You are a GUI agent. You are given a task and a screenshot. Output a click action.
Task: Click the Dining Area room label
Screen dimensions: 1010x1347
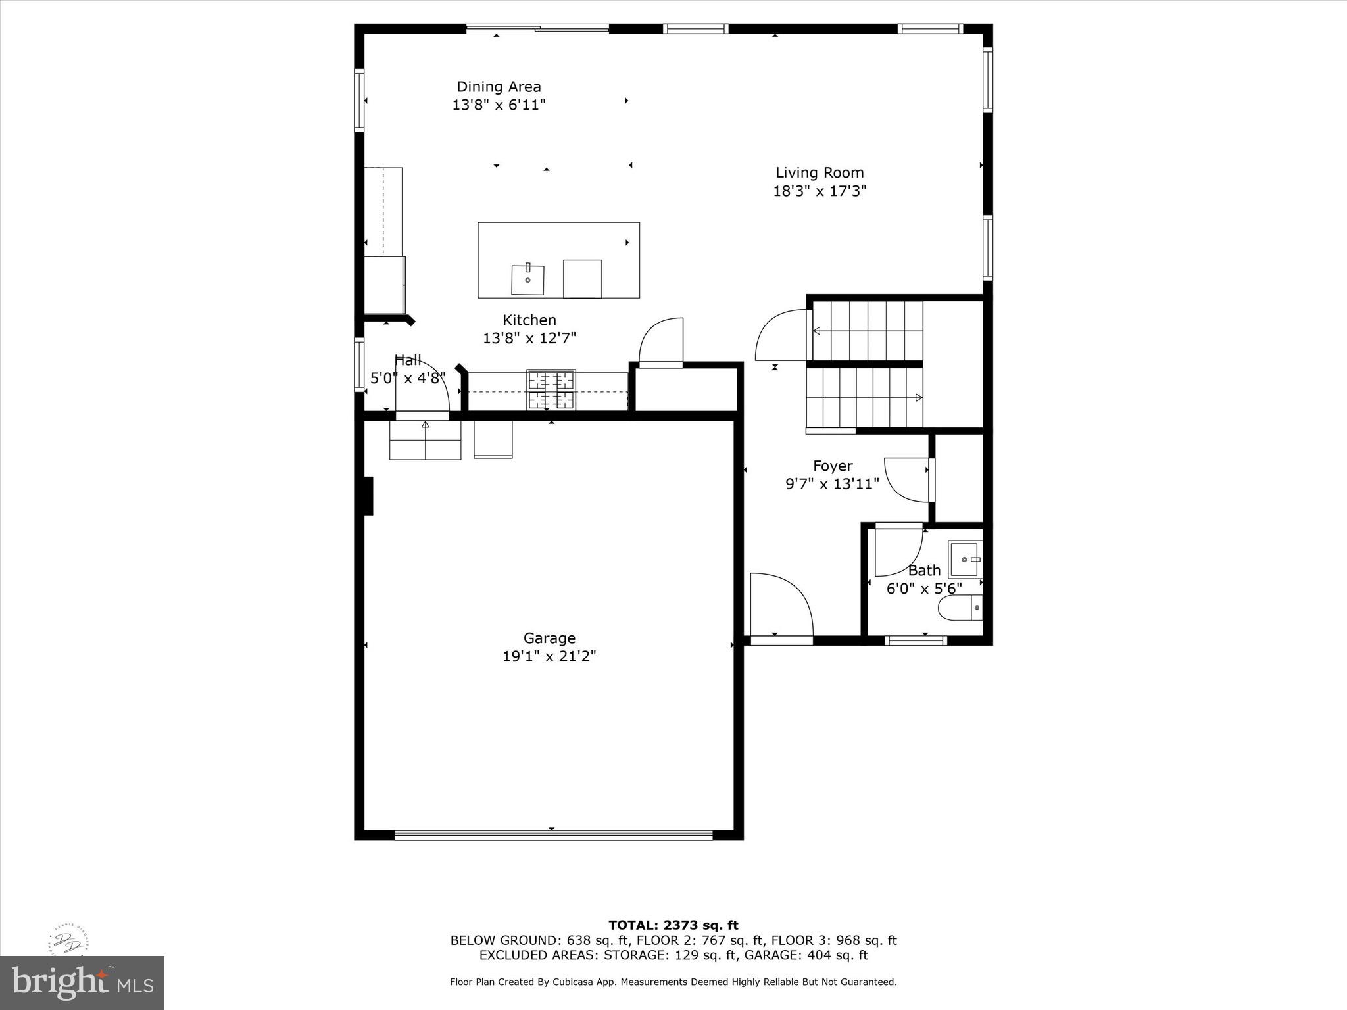(499, 87)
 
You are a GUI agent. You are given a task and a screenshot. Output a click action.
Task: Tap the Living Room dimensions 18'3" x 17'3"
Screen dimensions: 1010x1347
(820, 191)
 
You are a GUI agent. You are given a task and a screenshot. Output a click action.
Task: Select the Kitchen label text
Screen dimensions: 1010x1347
(529, 320)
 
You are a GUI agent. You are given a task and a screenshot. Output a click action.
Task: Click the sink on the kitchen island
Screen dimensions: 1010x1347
(527, 280)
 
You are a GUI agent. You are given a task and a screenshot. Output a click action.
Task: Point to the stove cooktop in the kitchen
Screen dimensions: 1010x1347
(551, 390)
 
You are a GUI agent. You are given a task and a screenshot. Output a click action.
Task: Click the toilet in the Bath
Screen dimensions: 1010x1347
(960, 608)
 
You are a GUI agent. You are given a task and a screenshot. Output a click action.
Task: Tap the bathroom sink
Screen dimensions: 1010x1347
(965, 559)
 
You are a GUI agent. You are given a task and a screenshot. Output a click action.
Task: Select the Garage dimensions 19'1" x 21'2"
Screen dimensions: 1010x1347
(549, 656)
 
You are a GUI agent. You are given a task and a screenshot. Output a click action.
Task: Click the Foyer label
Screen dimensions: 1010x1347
(833, 466)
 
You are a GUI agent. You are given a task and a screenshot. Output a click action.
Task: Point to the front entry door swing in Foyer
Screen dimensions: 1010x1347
(781, 605)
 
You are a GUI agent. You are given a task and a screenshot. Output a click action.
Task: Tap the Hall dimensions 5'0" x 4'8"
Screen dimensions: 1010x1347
(408, 378)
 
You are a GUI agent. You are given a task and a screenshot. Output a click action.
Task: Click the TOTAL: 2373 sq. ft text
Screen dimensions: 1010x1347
(673, 926)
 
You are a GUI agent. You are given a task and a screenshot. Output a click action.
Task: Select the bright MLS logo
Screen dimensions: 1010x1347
(82, 982)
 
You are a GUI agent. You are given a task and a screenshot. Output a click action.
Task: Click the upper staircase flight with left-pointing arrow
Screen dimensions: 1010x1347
(867, 331)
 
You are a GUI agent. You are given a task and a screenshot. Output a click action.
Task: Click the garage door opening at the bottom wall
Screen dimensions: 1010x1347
(552, 835)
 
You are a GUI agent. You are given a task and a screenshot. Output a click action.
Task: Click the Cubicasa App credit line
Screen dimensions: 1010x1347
(673, 982)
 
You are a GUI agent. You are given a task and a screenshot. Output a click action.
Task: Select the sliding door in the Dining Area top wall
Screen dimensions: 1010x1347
(537, 28)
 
